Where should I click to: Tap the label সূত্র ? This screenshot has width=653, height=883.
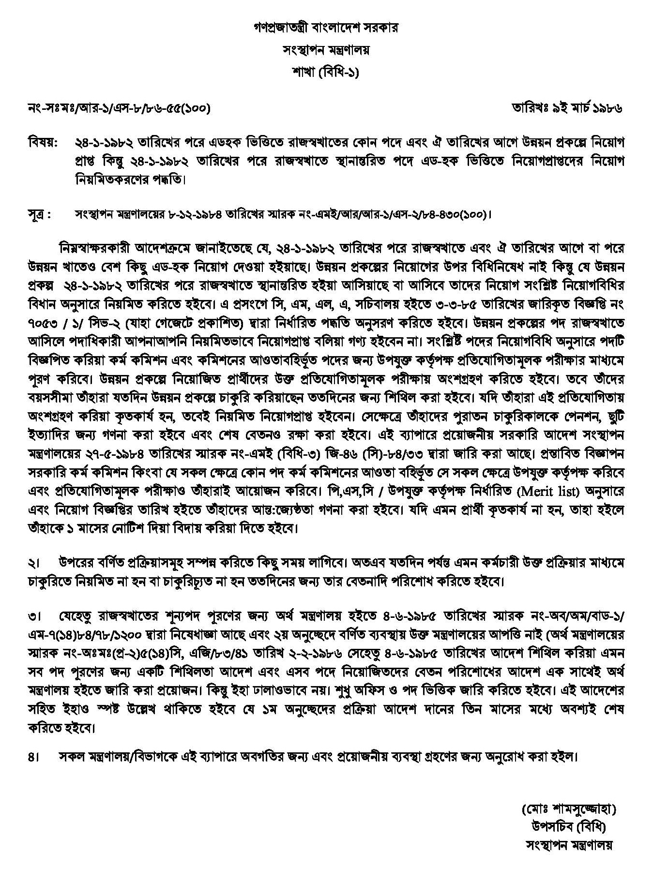point(40,214)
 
